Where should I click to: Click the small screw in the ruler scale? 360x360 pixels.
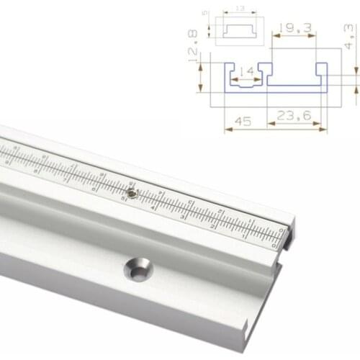coord(132,192)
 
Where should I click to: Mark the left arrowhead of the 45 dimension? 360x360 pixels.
coord(226,130)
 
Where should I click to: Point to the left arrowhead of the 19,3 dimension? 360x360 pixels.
coord(273,35)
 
